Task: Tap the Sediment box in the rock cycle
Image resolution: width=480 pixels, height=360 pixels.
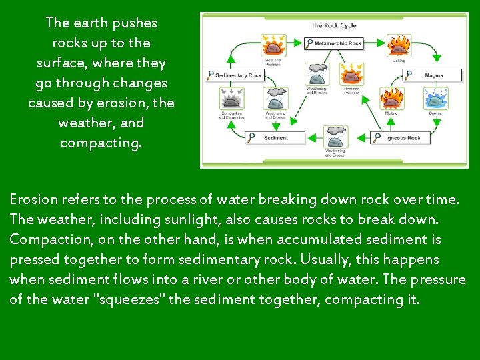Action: coord(273,137)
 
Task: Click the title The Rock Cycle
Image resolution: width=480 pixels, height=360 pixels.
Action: coord(334,25)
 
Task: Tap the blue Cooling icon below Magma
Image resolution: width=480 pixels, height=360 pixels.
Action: coord(435,99)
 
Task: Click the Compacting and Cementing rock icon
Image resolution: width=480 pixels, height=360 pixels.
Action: coord(231,99)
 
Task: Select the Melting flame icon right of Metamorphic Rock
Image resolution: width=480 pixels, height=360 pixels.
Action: coord(399,45)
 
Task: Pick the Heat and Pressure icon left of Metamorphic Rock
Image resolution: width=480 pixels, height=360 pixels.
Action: coord(273,45)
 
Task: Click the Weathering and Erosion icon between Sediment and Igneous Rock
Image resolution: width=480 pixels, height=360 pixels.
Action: coord(335,137)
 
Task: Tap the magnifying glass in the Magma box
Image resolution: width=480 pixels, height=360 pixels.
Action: coord(409,75)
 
